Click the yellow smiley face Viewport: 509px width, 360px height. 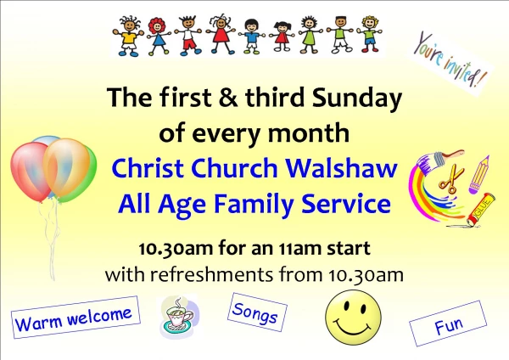tap(353, 318)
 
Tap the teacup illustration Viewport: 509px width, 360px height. tap(179, 317)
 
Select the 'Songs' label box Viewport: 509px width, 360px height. tap(257, 312)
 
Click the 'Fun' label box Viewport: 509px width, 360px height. tap(448, 323)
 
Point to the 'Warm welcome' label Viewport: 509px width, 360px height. tap(76, 317)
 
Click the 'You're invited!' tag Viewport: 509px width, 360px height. tap(450, 61)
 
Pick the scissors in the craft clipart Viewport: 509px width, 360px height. tap(451, 179)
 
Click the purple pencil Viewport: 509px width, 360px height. tap(479, 175)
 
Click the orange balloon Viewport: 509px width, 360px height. tap(66, 167)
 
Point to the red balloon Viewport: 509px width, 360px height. tap(30, 172)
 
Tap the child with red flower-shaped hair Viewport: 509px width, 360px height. tap(158, 36)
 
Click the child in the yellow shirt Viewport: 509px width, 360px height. tap(129, 37)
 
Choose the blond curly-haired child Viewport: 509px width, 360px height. tap(370, 34)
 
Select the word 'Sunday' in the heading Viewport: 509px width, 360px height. tap(357, 98)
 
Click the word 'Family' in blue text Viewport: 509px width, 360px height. tap(254, 205)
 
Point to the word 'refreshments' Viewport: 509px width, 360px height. tap(211, 274)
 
